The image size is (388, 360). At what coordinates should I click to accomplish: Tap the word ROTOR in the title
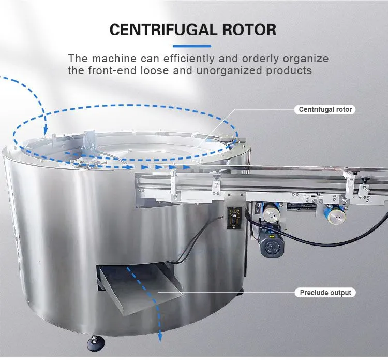[x=249, y=30]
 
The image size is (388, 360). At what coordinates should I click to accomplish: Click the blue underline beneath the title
[x=192, y=46]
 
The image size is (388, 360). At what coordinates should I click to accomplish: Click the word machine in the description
[x=114, y=59]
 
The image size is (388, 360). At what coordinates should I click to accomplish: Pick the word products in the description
[x=289, y=71]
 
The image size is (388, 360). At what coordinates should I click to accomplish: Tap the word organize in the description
[x=306, y=59]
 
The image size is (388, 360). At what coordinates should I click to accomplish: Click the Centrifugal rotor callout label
[x=325, y=109]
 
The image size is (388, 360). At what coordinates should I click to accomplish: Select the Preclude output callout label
[x=325, y=293]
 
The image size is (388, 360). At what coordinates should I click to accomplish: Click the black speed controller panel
[x=234, y=218]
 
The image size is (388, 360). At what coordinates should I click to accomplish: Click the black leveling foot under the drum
[x=96, y=343]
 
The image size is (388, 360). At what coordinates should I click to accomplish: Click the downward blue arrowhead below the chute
[x=160, y=337]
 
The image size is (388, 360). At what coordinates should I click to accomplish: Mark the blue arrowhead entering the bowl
[x=46, y=129]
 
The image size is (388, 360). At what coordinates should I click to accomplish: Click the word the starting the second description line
[x=77, y=70]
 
